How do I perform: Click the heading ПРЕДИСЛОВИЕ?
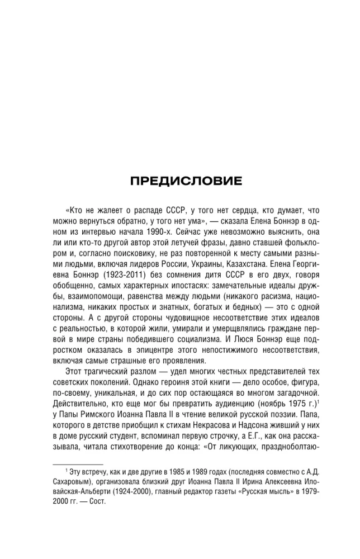pyautogui.click(x=180, y=181)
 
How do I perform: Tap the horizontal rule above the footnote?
pyautogui.click(x=77, y=463)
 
